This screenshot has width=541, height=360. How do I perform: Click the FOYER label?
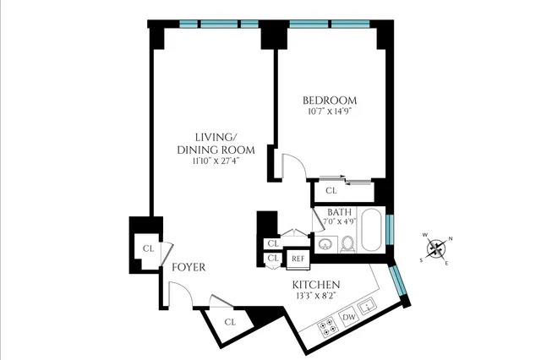point(189,268)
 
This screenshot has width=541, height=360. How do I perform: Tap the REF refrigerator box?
point(298,259)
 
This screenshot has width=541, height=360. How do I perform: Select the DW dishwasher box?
point(348,317)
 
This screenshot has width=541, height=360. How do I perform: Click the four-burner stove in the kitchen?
point(325,325)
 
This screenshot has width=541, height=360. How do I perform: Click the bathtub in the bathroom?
point(372,229)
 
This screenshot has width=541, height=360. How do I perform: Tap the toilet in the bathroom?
point(347,245)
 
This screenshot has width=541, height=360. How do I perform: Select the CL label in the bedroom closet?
point(331,191)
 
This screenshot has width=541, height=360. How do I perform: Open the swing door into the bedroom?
point(291,163)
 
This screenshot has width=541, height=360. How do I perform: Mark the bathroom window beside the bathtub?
point(390,229)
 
